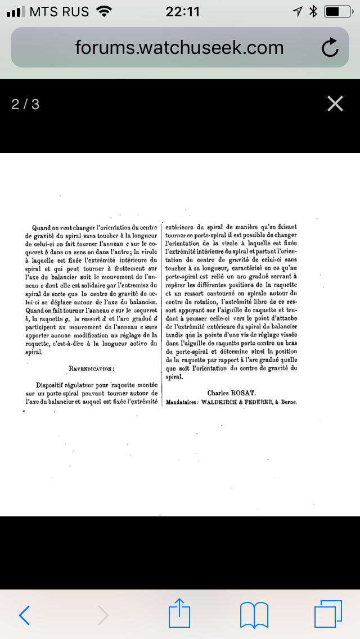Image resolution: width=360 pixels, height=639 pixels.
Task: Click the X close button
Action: (x=335, y=103)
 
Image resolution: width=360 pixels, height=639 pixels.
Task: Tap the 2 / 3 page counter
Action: (x=25, y=104)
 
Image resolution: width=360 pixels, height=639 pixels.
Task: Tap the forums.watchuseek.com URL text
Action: (x=179, y=48)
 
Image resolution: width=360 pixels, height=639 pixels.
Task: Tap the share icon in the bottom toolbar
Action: (x=180, y=613)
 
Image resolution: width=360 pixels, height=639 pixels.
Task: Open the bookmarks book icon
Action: (x=254, y=614)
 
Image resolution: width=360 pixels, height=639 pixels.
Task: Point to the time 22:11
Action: (x=182, y=11)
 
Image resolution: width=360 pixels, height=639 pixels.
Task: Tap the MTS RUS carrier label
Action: (x=59, y=11)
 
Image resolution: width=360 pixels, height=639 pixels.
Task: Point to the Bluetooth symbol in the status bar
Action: (x=314, y=11)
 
